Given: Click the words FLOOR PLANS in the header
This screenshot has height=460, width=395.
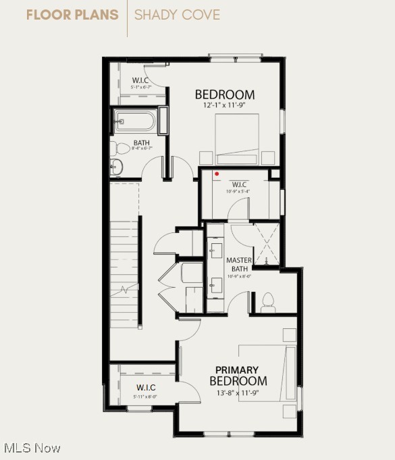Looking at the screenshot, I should pos(72,15).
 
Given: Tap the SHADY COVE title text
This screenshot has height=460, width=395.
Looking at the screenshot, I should pos(177,15).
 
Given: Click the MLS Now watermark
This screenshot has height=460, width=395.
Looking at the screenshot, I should pos(32,448).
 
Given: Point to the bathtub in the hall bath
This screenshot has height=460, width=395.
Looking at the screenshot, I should pos(134,122).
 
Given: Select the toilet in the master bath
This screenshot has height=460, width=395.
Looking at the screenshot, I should pos(268,301).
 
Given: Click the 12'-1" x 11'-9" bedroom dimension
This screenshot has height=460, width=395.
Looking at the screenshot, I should pos(224,105).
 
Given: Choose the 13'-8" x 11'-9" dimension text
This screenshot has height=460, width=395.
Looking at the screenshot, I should pos(237,392).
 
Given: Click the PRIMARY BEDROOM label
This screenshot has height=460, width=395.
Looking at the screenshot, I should pos(237,376).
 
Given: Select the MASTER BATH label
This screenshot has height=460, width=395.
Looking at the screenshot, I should pos(239,264).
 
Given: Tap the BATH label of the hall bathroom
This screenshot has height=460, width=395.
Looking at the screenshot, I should pos(141,143).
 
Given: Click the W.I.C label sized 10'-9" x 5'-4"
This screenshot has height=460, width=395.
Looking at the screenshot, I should pos(240,184).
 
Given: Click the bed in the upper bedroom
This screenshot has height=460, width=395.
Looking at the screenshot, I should pos(237,138).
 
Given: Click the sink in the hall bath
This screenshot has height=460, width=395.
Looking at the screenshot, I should pos(115,167).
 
